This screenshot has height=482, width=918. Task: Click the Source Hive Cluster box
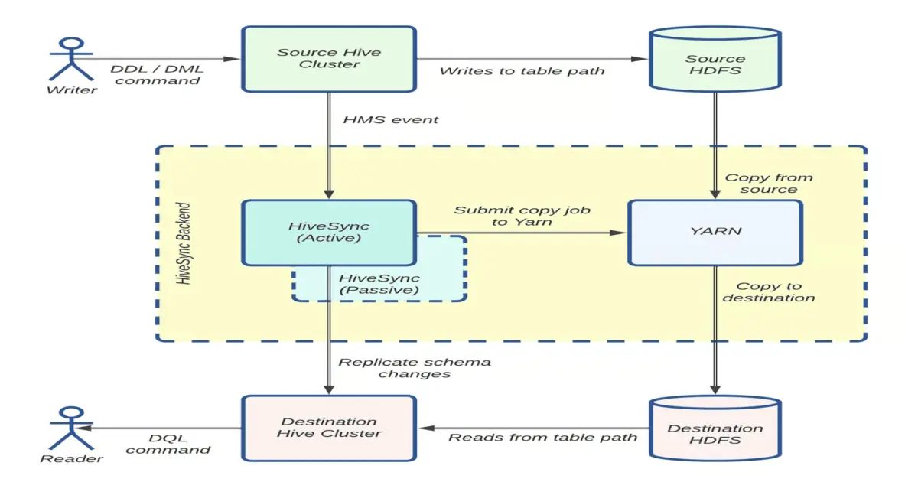pyautogui.click(x=329, y=60)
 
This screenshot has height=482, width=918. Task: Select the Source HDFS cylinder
pyautogui.click(x=715, y=65)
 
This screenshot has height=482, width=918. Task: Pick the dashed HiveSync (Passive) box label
pyautogui.click(x=379, y=284)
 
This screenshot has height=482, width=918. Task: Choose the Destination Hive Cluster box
pyautogui.click(x=329, y=428)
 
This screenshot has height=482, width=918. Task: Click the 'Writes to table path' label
pyautogui.click(x=522, y=71)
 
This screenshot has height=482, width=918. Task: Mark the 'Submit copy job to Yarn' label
pyautogui.click(x=522, y=216)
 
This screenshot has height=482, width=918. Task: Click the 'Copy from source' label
pyautogui.click(x=768, y=184)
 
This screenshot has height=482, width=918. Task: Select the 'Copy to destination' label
pyautogui.click(x=768, y=291)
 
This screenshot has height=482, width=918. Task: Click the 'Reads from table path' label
pyautogui.click(x=542, y=438)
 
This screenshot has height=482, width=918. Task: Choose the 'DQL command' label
pyautogui.click(x=168, y=444)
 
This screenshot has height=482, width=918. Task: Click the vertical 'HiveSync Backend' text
pyautogui.click(x=184, y=243)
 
